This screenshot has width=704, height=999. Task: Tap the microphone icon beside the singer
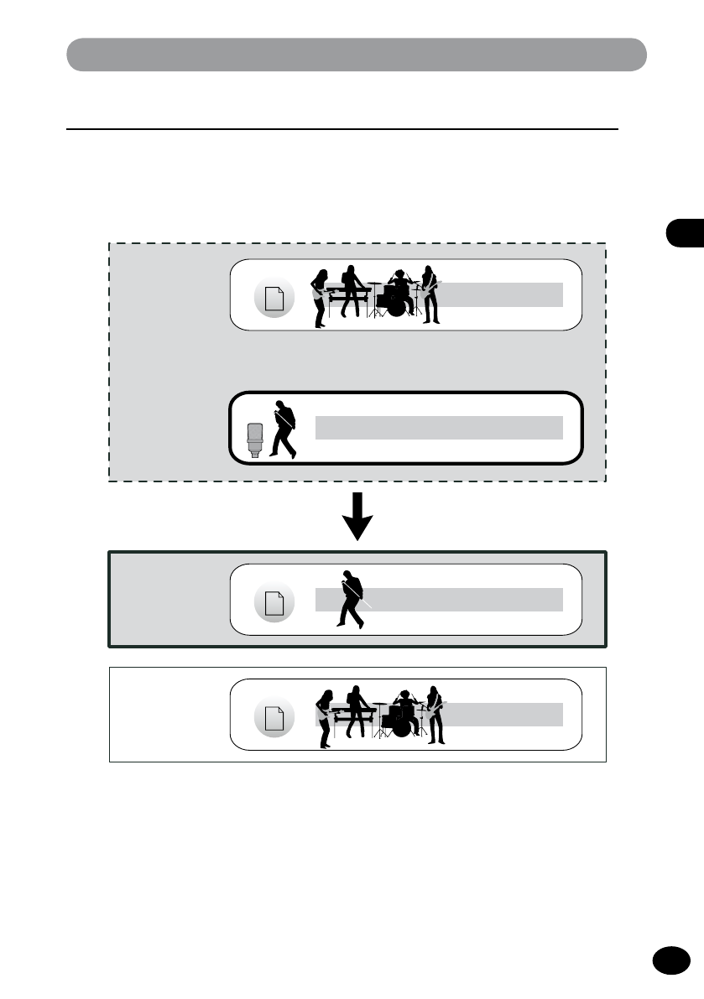point(255,440)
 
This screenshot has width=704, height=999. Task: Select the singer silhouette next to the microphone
point(283,429)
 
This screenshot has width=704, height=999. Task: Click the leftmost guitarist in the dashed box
point(319,299)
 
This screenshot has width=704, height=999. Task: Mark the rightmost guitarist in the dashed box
point(430,294)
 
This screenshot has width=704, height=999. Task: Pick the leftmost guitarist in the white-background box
point(325,718)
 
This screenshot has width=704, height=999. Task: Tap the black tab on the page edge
point(687,232)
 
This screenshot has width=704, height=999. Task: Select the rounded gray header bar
point(357,55)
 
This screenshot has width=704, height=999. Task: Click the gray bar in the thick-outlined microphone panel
point(439,427)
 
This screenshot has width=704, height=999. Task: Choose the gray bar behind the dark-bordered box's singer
point(462,599)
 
